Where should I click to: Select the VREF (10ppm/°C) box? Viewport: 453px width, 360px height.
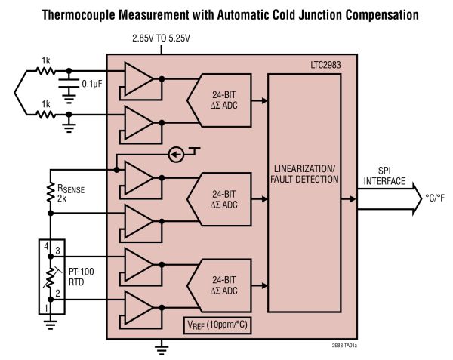tap(217, 324)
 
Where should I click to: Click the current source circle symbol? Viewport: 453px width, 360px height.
tap(175, 155)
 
